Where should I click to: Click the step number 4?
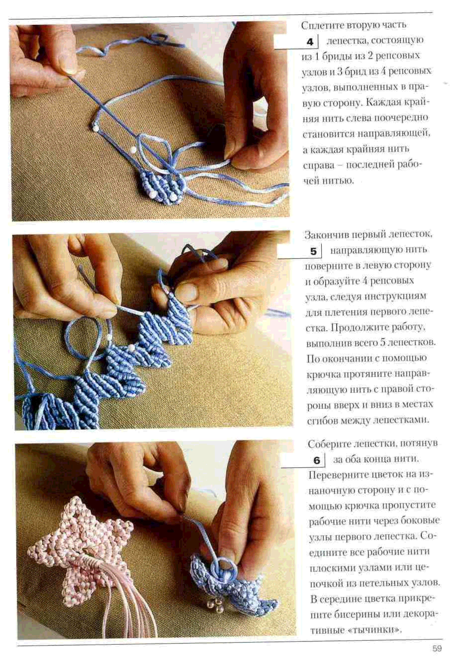point(310,42)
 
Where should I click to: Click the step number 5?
point(313,252)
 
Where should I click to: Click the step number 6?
point(317,461)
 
